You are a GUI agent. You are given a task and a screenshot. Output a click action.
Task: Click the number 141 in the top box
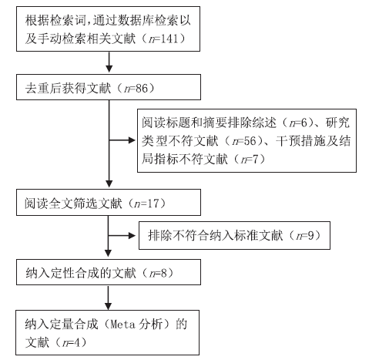[169, 39]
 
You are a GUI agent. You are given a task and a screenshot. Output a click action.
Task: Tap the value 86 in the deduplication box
[142, 89]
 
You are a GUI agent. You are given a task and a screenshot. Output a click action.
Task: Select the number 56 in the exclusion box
[250, 141]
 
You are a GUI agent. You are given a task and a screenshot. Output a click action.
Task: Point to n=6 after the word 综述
[298, 123]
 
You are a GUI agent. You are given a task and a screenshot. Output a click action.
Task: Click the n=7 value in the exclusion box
[250, 160]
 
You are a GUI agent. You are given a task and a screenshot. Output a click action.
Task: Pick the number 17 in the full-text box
[153, 204]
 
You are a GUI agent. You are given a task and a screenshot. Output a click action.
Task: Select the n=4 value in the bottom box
[71, 342]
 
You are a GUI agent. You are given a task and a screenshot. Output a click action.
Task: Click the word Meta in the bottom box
[122, 325]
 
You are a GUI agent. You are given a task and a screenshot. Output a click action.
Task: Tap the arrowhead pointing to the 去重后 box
[109, 69]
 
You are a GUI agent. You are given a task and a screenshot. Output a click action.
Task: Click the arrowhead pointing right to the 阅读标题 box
[132, 140]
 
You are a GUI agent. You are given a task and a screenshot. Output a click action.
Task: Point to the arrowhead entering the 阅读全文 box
[109, 183]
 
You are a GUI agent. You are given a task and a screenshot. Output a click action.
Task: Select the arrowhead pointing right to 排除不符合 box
[132, 236]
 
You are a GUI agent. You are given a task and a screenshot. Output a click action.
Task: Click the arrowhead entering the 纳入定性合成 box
[108, 254]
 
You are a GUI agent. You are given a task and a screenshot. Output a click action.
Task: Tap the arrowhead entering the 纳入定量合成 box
[108, 307]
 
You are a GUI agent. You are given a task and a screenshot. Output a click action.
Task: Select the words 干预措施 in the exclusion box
[301, 141]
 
